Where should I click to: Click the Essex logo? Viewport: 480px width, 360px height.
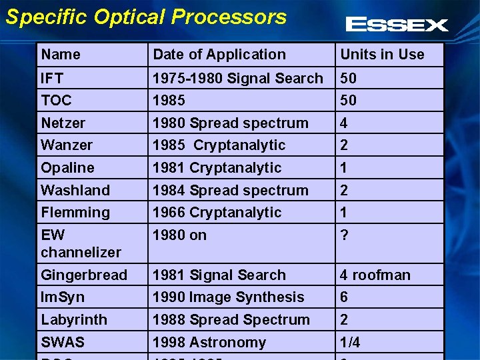tap(397, 25)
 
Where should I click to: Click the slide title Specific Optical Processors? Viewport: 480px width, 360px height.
tap(146, 17)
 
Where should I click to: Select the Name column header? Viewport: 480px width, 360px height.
tap(61, 55)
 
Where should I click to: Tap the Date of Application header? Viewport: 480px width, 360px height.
tap(219, 55)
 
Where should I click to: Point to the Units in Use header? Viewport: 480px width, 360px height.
tap(382, 55)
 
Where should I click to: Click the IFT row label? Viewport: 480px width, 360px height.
tap(52, 78)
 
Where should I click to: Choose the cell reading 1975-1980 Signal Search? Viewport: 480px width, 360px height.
tap(237, 78)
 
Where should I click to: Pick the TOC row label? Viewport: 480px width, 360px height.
tap(56, 100)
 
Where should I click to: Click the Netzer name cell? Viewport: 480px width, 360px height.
tap(63, 123)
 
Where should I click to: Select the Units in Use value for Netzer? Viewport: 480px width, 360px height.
tap(344, 123)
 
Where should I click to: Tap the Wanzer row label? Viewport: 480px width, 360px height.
tap(67, 145)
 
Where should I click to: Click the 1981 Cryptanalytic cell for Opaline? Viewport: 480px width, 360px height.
tap(217, 167)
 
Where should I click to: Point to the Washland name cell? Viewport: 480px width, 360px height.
tap(75, 190)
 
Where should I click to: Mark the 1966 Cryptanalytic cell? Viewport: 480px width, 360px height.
tap(217, 212)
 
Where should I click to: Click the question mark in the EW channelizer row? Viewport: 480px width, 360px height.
tap(344, 235)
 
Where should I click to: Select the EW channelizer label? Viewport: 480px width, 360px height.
tap(81, 243)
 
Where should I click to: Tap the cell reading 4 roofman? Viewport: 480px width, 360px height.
tap(375, 275)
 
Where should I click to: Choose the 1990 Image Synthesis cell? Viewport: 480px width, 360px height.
tap(228, 297)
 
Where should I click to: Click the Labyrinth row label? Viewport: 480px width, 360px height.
tap(74, 319)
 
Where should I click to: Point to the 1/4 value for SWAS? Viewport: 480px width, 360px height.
tap(350, 342)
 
